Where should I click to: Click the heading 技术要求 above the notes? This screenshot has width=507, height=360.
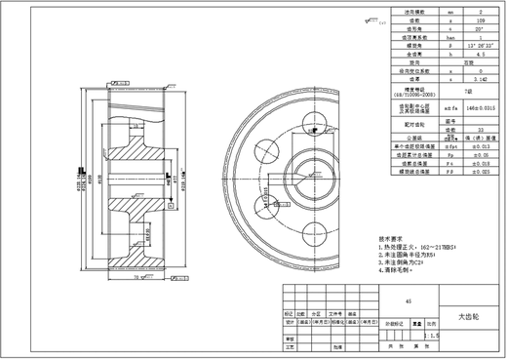pos(390,237)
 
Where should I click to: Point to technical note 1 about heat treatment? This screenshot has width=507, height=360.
pos(417,248)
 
